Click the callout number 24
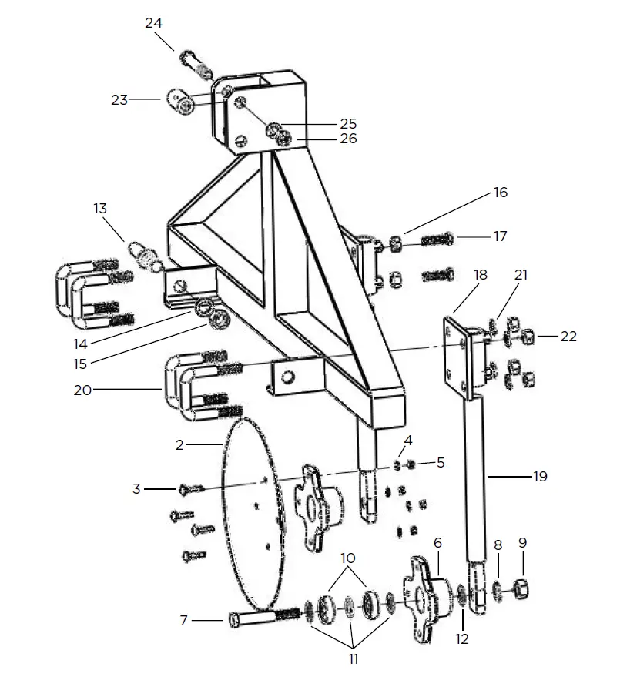click(x=153, y=23)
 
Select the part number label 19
click(x=540, y=477)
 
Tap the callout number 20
click(x=83, y=390)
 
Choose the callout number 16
click(x=501, y=192)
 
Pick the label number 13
click(x=101, y=208)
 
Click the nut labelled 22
click(x=528, y=337)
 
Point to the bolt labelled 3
click(x=190, y=488)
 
